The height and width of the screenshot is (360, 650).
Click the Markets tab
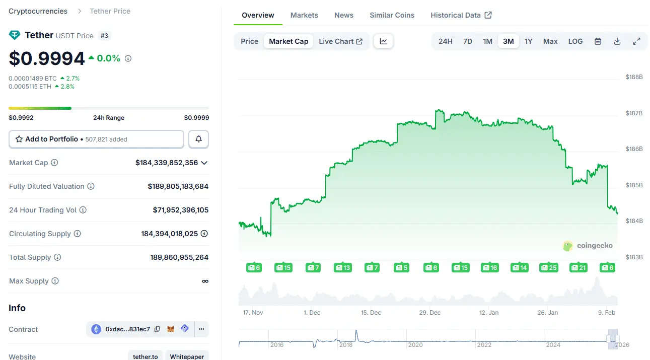click(x=304, y=15)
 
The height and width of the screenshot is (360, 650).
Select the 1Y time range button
click(x=528, y=41)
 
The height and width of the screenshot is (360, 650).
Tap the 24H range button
click(x=445, y=41)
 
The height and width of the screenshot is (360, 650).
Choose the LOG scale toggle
click(x=575, y=41)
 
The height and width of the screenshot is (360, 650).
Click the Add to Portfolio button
click(x=96, y=139)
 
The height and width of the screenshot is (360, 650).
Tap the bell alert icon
click(x=198, y=139)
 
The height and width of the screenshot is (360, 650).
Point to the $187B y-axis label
click(x=634, y=113)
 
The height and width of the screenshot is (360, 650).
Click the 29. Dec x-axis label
click(x=430, y=313)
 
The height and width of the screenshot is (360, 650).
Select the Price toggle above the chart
click(x=249, y=41)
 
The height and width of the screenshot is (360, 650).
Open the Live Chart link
click(x=340, y=41)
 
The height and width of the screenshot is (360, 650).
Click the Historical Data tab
click(x=461, y=15)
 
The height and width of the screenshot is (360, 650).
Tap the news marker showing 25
click(x=548, y=267)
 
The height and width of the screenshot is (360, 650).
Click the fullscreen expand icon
click(x=636, y=41)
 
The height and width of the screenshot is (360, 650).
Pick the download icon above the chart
click(x=617, y=41)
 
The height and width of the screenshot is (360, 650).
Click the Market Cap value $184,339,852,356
click(x=167, y=163)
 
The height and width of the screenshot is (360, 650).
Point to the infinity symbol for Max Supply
click(x=205, y=281)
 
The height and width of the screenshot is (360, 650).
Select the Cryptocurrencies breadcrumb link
click(x=38, y=11)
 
